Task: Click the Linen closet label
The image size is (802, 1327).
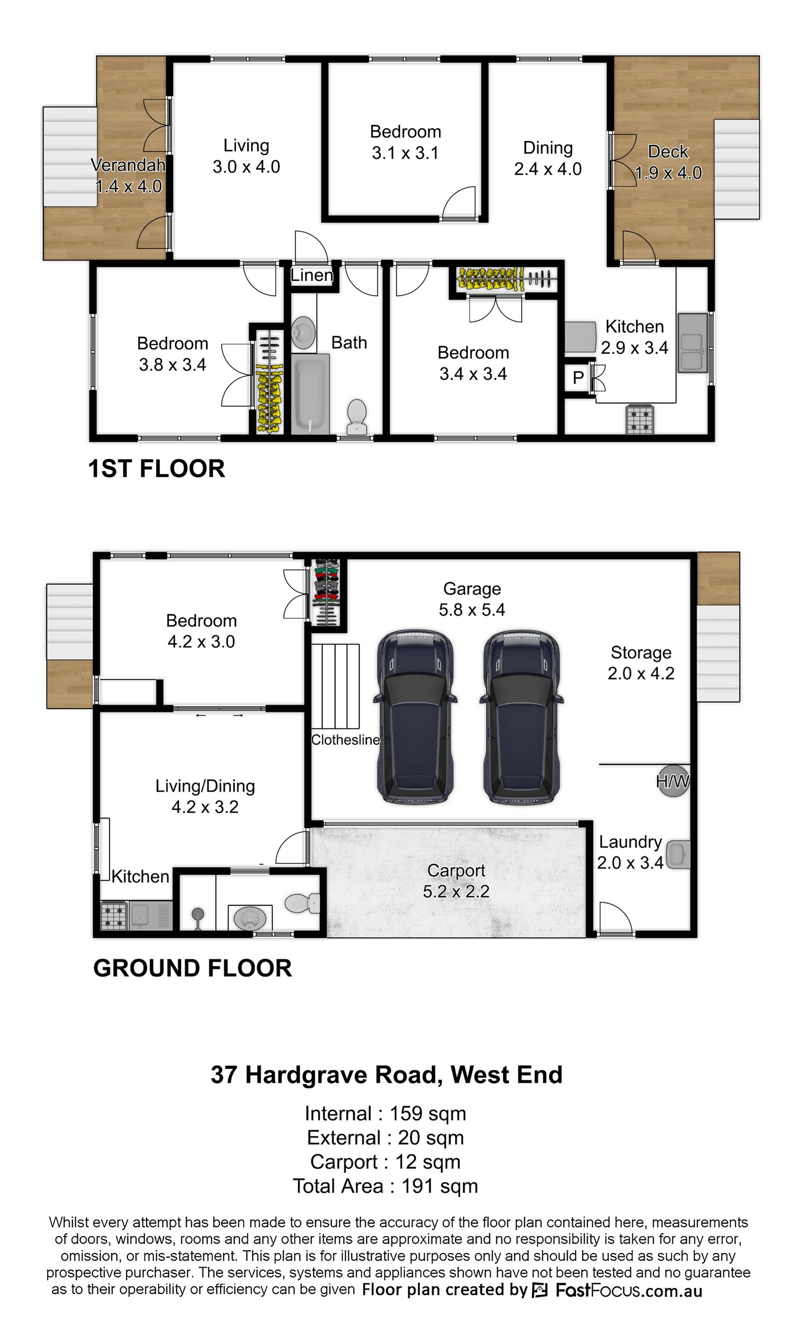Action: click(311, 275)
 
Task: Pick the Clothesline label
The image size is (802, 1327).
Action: click(346, 739)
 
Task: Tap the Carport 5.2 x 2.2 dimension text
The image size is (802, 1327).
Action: click(456, 891)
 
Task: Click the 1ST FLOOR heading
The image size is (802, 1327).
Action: click(157, 468)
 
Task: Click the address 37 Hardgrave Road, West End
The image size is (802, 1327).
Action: click(387, 1075)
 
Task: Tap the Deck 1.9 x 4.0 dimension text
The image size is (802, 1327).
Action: click(668, 173)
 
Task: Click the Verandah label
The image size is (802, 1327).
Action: click(128, 165)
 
